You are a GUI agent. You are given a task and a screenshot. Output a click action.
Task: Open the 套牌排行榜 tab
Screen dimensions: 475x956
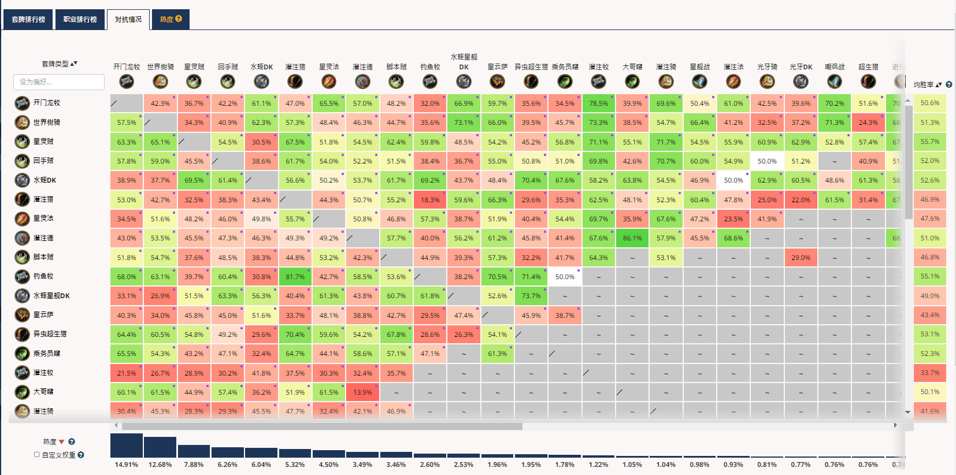[x=28, y=19]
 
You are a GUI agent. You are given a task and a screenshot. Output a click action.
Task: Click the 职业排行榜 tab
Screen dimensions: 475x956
[x=80, y=19]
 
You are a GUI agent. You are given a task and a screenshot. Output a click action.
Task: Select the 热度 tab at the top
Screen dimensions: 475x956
[x=170, y=19]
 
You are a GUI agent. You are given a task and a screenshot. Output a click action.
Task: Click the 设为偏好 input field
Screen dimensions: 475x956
[x=58, y=82]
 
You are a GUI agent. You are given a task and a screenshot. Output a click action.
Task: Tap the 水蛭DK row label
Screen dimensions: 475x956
[x=45, y=180]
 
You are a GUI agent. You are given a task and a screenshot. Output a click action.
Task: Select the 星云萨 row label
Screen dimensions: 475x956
[x=43, y=315]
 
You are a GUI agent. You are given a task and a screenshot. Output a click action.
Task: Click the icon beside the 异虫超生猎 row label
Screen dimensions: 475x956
[x=22, y=334]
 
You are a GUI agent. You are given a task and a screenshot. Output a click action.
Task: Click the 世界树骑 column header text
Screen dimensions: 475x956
[x=160, y=67]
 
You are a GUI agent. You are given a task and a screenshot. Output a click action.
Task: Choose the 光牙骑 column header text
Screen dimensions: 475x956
[x=767, y=67]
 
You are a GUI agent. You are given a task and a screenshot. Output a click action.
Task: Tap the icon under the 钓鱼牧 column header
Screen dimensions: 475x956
[x=430, y=81]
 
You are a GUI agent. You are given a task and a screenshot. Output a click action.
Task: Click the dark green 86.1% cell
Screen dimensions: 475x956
[x=632, y=238]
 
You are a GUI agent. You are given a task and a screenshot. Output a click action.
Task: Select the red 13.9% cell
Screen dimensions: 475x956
[x=362, y=392]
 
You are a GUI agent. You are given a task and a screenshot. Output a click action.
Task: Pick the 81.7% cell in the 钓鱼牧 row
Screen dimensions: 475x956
[x=295, y=277]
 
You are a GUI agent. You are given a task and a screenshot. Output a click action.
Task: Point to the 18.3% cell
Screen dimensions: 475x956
[x=429, y=200]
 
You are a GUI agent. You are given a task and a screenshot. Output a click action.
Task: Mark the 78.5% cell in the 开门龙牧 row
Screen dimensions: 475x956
[x=598, y=103]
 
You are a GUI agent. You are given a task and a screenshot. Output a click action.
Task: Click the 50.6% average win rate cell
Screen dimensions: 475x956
[x=929, y=103]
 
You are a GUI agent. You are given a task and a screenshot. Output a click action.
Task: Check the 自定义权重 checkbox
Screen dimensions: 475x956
[x=37, y=455]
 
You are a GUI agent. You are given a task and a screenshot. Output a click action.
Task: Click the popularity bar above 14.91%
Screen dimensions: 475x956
[x=127, y=446]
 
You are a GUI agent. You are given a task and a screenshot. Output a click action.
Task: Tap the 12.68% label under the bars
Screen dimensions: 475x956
[x=160, y=465]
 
